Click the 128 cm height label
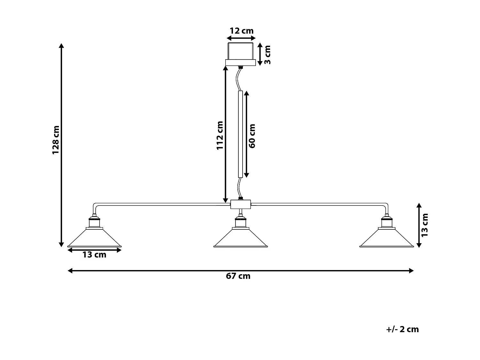tap(56, 140)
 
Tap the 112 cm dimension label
tap(220, 135)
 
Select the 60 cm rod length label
tap(252, 136)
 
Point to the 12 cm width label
tap(242, 31)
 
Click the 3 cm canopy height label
tap(268, 55)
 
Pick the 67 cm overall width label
tap(238, 276)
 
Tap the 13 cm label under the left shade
tap(94, 255)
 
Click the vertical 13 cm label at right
tap(425, 225)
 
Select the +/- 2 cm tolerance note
tap(403, 329)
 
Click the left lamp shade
tap(94, 238)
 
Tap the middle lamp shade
tap(240, 238)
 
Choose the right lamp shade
tap(387, 238)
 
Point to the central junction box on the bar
tap(240, 204)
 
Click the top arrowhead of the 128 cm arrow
tap(61, 45)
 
